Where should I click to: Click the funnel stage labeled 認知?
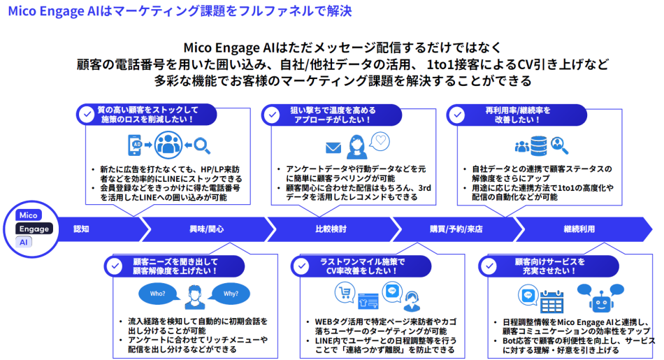click(82, 229)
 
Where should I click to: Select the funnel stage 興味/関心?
click(206, 229)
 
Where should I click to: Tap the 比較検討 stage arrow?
click(331, 229)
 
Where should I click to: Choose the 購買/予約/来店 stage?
click(455, 229)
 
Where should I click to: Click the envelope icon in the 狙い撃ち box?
click(333, 147)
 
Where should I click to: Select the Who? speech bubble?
click(157, 294)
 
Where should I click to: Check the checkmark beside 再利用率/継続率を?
click(456, 115)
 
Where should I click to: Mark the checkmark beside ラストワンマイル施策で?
click(301, 266)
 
